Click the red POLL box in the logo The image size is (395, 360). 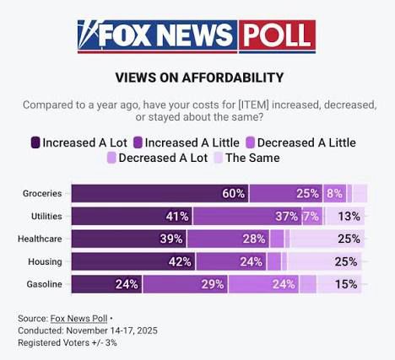pos(277,35)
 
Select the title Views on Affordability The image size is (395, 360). pos(199,78)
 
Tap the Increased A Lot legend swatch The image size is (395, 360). pos(35,142)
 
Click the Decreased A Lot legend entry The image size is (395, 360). pos(158,157)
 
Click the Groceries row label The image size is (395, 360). pos(41,194)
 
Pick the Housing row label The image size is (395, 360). pos(45,261)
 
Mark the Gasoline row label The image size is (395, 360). pos(43,284)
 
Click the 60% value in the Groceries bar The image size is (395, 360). pos(234,194)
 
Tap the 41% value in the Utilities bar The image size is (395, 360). pos(177,217)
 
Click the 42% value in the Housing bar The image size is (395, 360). pos(181,261)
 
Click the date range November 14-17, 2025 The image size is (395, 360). pos(109,330)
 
